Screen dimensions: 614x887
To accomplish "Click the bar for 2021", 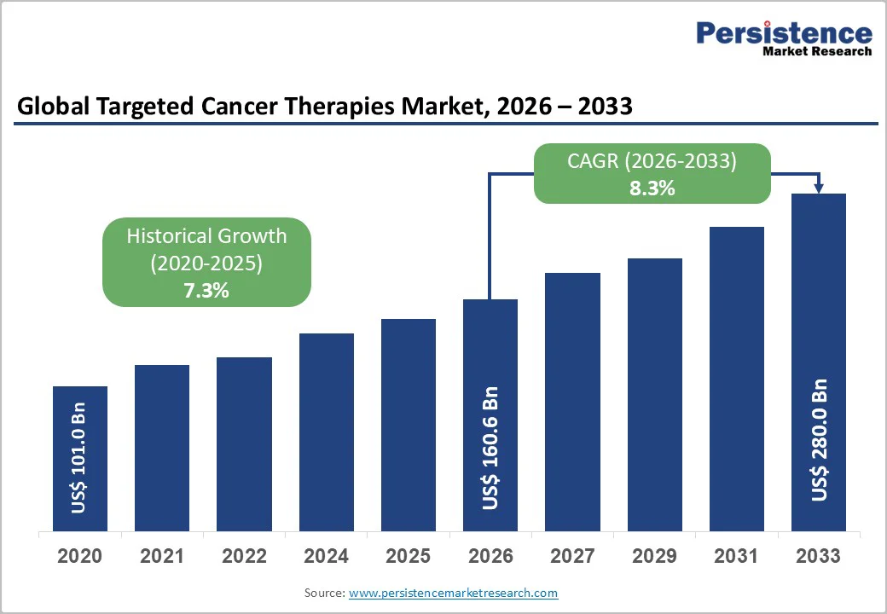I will tap(162, 448).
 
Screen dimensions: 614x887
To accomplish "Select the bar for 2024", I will tap(327, 432).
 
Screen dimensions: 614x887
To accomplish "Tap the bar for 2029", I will tap(655, 395).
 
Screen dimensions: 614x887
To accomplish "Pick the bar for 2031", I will tap(737, 379).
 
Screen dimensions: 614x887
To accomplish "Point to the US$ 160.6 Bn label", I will tap(490, 448).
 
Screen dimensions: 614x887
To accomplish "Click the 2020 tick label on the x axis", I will tap(79, 556).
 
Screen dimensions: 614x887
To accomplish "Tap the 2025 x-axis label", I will tap(408, 556).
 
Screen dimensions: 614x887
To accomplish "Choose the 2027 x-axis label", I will tap(572, 556).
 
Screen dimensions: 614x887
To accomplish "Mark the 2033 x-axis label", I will tap(818, 556).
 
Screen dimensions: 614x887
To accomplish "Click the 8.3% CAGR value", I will tap(652, 188).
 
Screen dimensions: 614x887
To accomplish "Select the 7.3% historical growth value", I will tap(206, 290).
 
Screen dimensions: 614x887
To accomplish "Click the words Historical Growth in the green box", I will tap(206, 236).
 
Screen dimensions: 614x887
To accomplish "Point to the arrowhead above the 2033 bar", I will tap(819, 187).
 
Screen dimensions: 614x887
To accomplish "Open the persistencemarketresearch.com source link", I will tap(453, 593).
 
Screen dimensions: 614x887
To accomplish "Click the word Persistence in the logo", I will tap(784, 33).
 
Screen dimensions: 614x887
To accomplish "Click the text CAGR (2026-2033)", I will tap(652, 161).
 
